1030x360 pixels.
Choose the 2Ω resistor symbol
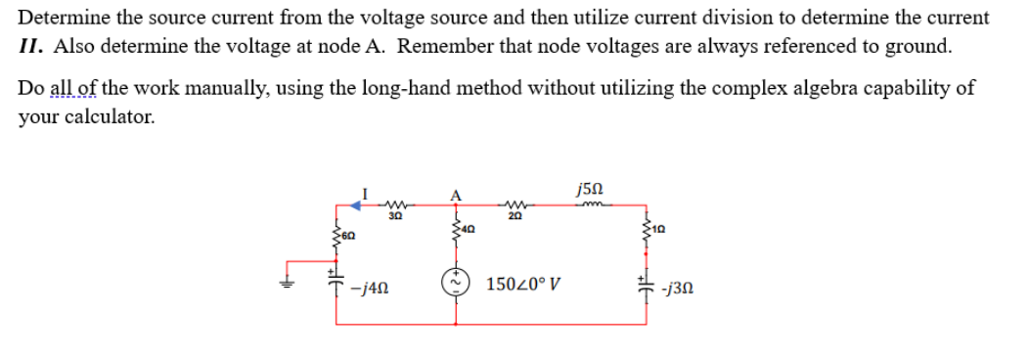(x=515, y=204)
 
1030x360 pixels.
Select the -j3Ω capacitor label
(x=677, y=289)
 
